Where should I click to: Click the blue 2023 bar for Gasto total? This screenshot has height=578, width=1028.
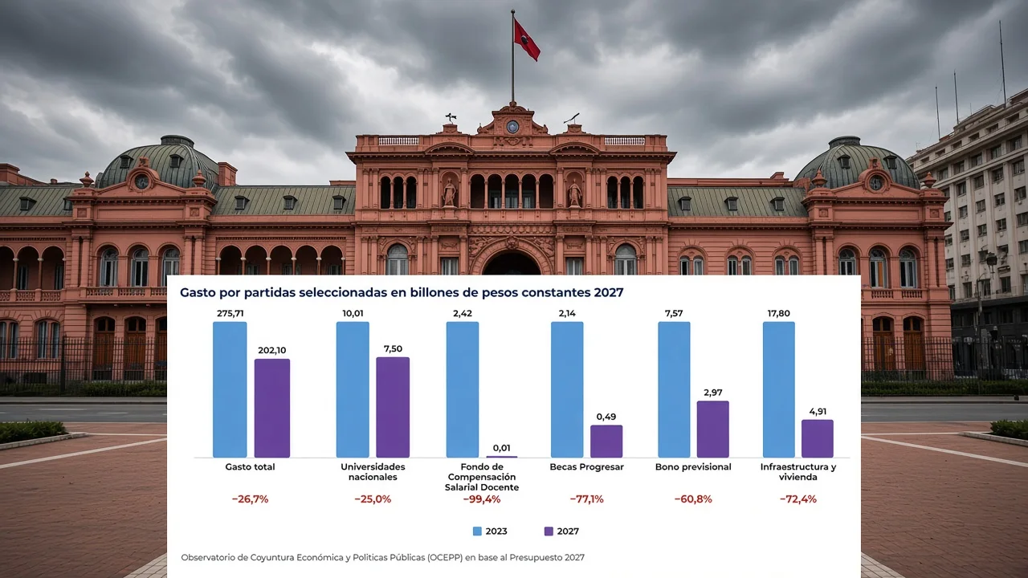point(230,389)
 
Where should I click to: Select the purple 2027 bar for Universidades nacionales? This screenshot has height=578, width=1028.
point(393,407)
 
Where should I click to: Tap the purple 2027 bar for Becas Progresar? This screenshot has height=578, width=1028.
point(606,442)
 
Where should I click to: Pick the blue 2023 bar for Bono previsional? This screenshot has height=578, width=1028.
point(674,389)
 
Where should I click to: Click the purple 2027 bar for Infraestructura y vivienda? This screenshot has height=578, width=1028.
point(818,438)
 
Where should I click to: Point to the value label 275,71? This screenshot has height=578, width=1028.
point(230,313)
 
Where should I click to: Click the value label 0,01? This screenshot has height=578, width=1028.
point(502,448)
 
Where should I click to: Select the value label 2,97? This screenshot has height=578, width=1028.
point(713,393)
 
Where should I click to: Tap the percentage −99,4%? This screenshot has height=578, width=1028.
point(482,499)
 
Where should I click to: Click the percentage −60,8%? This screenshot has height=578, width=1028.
point(693,499)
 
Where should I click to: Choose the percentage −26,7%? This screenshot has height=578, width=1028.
point(250,499)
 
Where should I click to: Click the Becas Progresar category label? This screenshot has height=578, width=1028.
point(586,467)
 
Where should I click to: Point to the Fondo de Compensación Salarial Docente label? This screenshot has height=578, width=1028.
point(482,477)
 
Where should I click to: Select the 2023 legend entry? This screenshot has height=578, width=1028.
point(490,531)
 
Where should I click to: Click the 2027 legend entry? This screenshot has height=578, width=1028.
point(561,531)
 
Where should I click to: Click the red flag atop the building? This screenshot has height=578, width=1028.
point(526,39)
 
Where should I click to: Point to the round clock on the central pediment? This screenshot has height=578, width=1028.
point(512,126)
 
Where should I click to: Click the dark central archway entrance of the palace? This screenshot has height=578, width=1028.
point(512,264)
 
